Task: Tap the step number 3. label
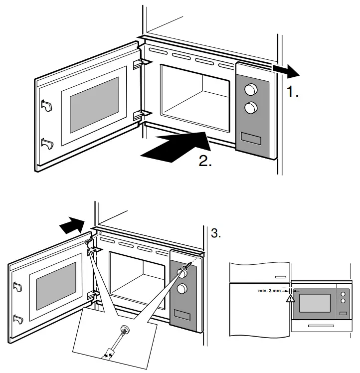(x=216, y=233)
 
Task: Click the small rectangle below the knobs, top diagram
(x=252, y=137)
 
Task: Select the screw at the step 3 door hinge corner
(x=89, y=242)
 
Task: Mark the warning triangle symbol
(x=290, y=299)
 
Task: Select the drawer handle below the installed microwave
(x=319, y=326)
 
